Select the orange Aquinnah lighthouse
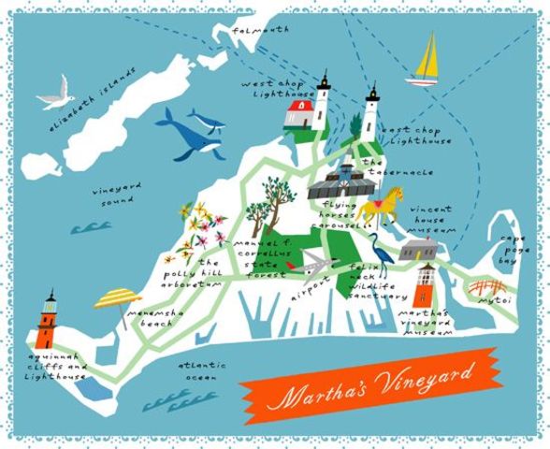click(47, 323)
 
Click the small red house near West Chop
click(300, 118)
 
